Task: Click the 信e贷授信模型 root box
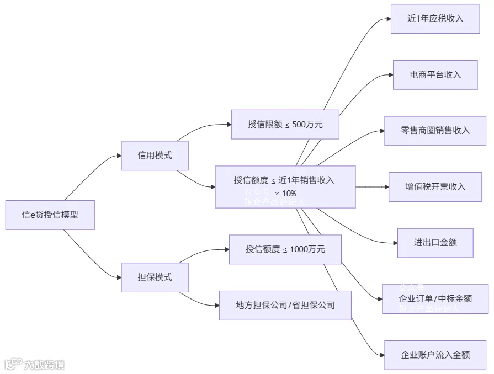[x=50, y=215]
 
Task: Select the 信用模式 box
[x=155, y=156]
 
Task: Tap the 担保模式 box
[x=155, y=277]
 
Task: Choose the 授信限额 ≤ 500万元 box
[x=285, y=124]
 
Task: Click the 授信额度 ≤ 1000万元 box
[x=285, y=249]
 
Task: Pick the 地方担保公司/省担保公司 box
[x=285, y=305]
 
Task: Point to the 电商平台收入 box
[x=435, y=74]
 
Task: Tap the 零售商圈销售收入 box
[x=435, y=131]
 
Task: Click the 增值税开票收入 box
[x=435, y=186]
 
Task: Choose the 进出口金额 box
[x=435, y=242]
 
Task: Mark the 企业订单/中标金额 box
[x=435, y=299]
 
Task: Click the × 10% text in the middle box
[x=285, y=194]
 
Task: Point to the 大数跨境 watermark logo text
[x=44, y=365]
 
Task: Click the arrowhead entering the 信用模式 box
[x=118, y=156]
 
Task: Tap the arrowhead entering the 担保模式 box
[x=118, y=277]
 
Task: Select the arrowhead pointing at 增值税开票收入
[x=386, y=186]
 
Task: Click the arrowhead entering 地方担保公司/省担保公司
[x=216, y=305]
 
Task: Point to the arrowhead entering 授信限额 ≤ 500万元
[x=229, y=124]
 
